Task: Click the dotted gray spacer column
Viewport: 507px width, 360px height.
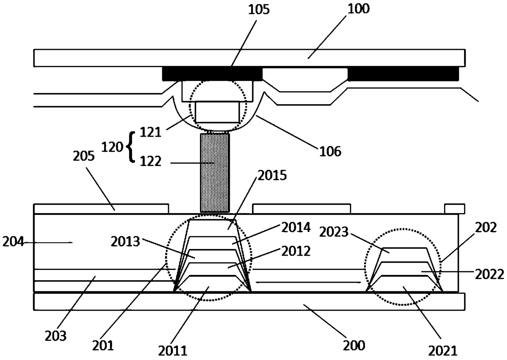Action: (215, 172)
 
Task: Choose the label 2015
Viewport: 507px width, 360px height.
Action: (272, 176)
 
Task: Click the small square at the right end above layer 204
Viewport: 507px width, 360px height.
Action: (454, 209)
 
